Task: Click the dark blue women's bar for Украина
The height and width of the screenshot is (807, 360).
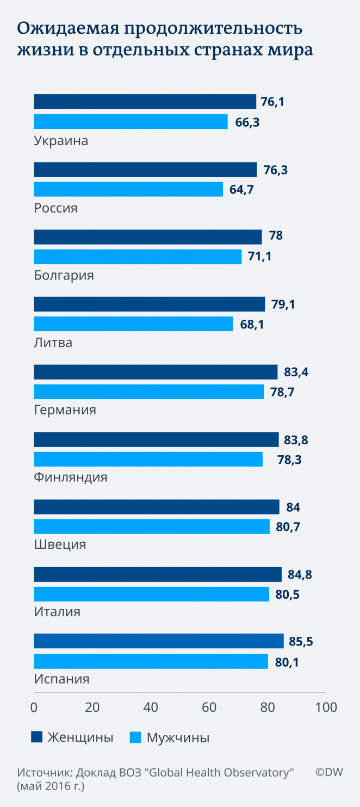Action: coord(145,102)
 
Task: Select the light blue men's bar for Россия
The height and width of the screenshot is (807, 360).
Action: coord(128,189)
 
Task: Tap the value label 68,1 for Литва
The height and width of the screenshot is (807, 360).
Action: coord(251,324)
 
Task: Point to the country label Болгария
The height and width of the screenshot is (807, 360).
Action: coord(64,275)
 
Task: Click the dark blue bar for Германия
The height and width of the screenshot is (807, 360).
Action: coord(156,372)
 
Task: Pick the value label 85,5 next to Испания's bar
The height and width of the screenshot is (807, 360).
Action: coord(301,642)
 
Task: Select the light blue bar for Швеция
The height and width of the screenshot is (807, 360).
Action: coord(152,526)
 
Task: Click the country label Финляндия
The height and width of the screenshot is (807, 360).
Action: coord(71,477)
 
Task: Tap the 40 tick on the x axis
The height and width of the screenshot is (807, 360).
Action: coord(151,707)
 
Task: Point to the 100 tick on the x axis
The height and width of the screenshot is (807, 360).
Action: coord(326,707)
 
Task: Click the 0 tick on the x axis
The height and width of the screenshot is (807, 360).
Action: coord(34,707)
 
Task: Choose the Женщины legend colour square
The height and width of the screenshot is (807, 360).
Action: coord(37,737)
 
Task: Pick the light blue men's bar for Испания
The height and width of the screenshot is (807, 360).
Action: coord(151,661)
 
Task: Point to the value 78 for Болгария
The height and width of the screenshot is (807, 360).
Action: coord(276,236)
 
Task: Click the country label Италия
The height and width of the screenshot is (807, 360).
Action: coord(57,612)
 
